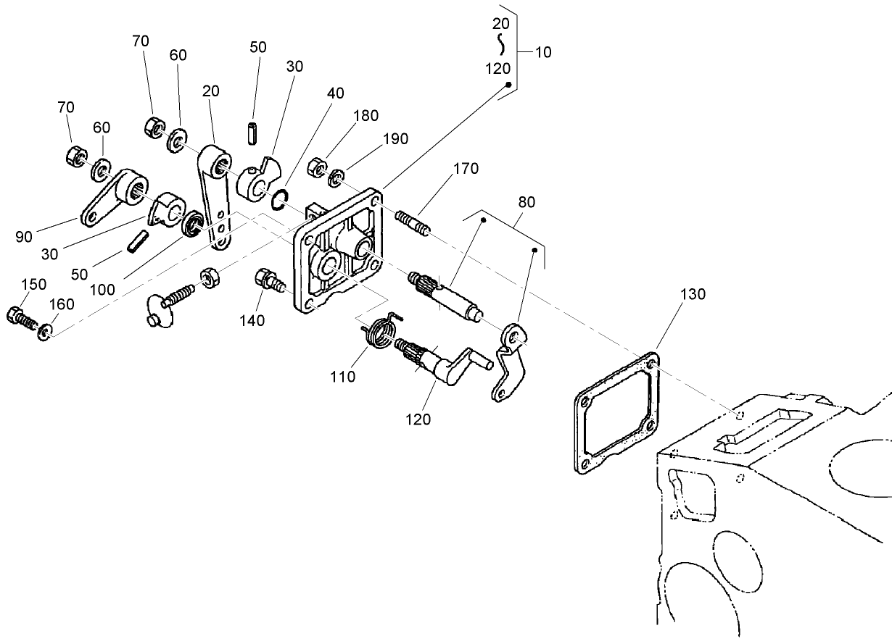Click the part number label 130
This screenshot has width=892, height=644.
click(x=693, y=293)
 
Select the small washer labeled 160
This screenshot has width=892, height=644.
click(x=44, y=332)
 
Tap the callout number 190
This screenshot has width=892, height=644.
click(x=397, y=139)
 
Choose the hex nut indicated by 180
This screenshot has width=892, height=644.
click(x=316, y=167)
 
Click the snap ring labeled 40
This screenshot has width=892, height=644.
click(x=281, y=199)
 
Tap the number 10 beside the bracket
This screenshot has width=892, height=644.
click(x=542, y=52)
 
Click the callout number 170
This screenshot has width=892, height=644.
click(x=466, y=169)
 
